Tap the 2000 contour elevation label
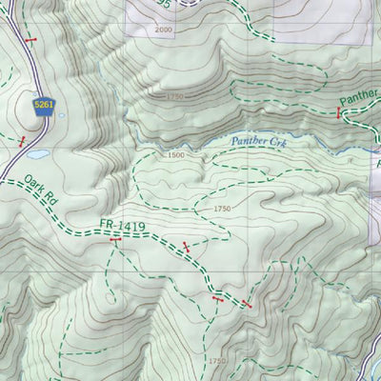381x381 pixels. [x=163, y=30]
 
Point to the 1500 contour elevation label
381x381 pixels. [x=175, y=155]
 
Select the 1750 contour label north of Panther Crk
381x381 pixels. [x=172, y=97]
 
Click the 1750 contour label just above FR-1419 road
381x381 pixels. [x=222, y=209]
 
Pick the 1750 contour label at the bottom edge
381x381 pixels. [x=218, y=361]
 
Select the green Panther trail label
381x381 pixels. [x=360, y=97]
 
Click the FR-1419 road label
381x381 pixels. [x=120, y=227]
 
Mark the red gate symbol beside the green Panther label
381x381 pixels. [x=337, y=112]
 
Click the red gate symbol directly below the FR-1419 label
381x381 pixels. [x=115, y=242]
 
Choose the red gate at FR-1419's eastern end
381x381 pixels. [x=247, y=305]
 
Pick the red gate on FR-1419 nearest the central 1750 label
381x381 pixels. [x=186, y=247]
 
